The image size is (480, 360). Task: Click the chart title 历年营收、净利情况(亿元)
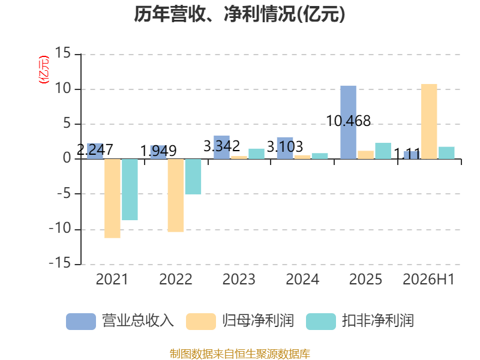tap(239, 14)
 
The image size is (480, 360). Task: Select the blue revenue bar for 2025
tap(349, 122)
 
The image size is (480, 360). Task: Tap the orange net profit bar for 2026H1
tap(429, 122)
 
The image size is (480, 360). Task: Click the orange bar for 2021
tap(112, 199)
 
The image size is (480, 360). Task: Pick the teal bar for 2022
tap(193, 176)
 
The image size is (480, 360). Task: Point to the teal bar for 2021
tap(130, 190)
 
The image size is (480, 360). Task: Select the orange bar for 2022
tap(176, 196)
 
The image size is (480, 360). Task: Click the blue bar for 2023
tap(221, 147)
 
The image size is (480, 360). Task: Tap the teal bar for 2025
tap(383, 151)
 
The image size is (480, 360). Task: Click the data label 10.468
tap(349, 121)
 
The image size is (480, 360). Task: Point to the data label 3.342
tap(221, 146)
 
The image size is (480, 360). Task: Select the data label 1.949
tap(158, 151)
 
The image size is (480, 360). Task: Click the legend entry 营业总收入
tap(120, 321)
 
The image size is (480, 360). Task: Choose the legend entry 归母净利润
tap(240, 321)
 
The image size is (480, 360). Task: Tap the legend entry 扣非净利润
tap(360, 321)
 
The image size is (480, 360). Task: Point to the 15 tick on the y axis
tap(63, 53)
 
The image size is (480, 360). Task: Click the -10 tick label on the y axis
tap(60, 229)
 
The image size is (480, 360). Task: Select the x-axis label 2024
tap(302, 279)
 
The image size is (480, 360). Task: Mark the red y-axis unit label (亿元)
tap(44, 70)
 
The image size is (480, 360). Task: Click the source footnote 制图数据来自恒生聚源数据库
tap(240, 354)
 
